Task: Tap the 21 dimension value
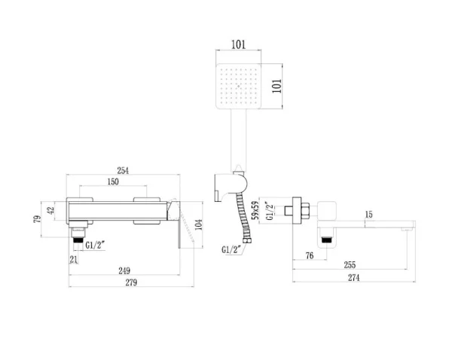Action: [74, 260]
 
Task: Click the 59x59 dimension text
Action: [257, 212]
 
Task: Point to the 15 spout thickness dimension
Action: [368, 215]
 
